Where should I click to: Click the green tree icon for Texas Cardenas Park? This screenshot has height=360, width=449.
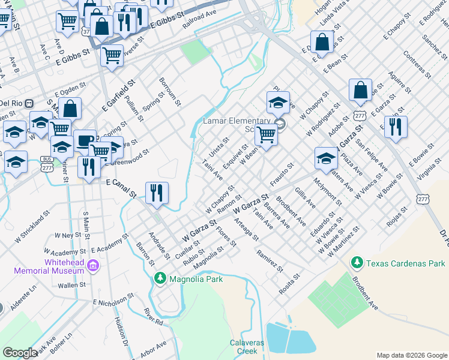point(357,263)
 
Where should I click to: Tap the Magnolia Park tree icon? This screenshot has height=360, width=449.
point(160,278)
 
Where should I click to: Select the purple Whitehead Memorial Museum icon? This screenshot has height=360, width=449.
point(92,265)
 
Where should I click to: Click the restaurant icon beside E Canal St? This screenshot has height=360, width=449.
point(157,192)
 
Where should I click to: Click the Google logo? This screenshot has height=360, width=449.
point(20,353)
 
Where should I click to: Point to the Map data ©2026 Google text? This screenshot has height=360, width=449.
point(411,355)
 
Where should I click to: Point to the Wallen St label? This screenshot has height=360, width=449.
point(72,285)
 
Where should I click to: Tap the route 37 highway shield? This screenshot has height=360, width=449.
point(86,30)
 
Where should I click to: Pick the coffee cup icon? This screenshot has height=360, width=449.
point(84,140)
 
